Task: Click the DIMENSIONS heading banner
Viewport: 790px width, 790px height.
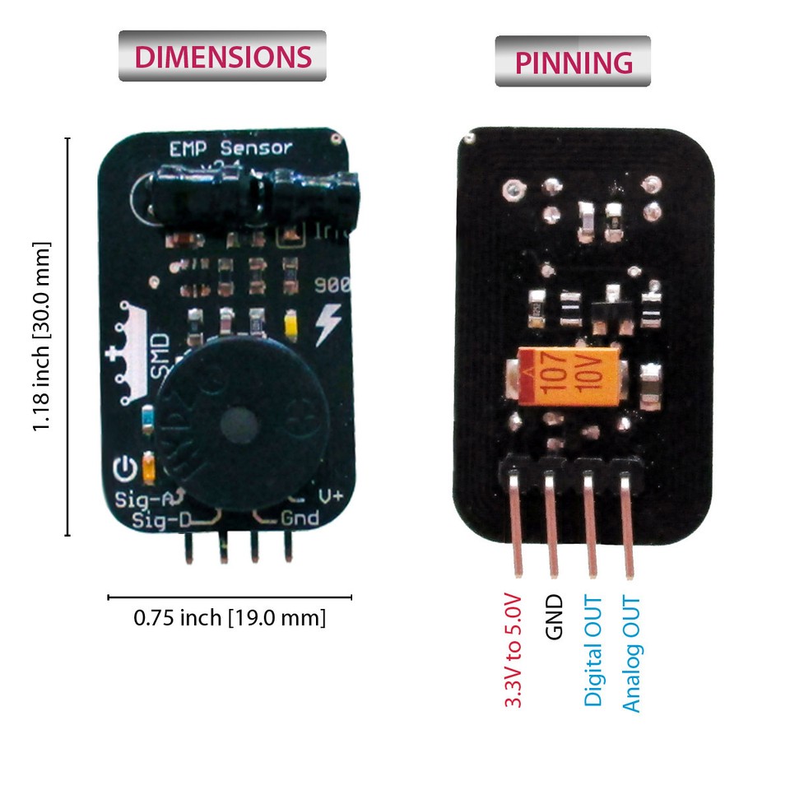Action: point(222,56)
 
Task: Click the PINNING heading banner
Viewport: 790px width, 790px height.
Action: point(573,62)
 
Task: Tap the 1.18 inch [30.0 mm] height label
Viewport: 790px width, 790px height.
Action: point(42,336)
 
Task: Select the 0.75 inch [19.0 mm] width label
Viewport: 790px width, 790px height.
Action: point(230,617)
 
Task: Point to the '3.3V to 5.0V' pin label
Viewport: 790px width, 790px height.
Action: point(513,649)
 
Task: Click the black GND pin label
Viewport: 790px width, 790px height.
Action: point(553,618)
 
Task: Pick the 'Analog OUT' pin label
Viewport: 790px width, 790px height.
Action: point(631,654)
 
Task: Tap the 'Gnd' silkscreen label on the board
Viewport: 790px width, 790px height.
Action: point(300,518)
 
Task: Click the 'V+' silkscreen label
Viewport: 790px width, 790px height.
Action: point(331,497)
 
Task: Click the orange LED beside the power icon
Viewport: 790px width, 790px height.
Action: point(149,467)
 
